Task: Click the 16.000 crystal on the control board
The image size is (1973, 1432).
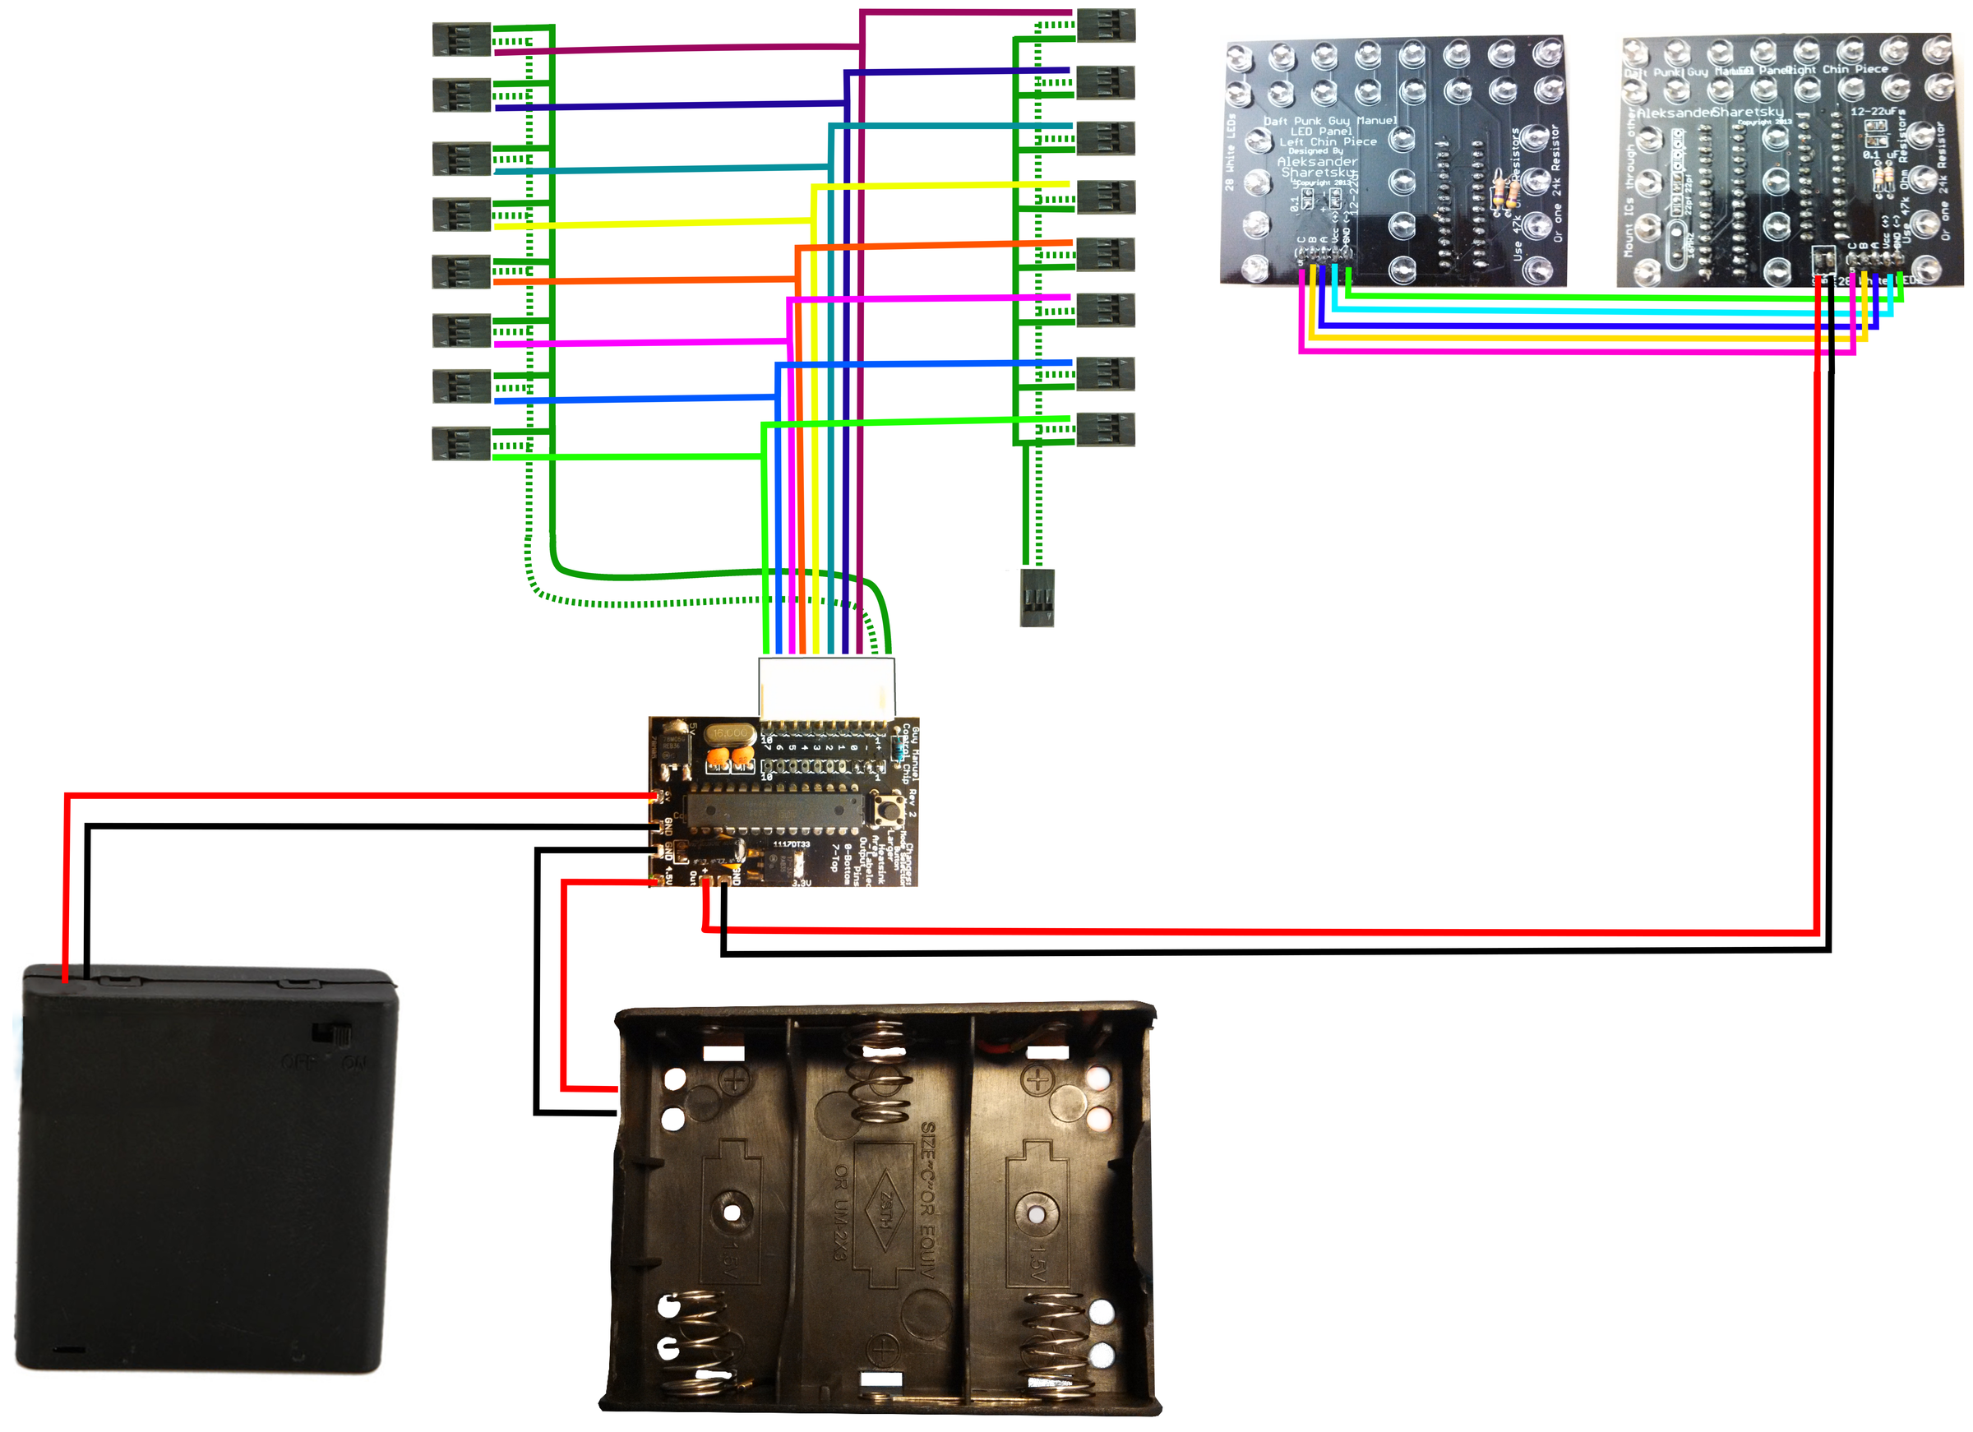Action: [x=730, y=732]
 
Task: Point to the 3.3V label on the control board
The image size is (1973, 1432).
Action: [x=802, y=882]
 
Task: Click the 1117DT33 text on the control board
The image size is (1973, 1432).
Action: [x=792, y=844]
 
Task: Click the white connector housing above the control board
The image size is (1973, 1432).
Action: [x=825, y=687]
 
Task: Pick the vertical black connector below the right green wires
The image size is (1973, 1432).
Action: [x=1037, y=597]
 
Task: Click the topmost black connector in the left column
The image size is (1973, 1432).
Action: [x=461, y=40]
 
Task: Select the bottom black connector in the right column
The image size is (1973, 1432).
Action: [x=1105, y=430]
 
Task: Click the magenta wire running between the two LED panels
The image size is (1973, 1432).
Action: [x=1566, y=352]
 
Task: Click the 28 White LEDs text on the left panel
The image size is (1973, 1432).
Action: [x=1229, y=152]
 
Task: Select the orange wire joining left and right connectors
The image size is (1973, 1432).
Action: [x=644, y=280]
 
